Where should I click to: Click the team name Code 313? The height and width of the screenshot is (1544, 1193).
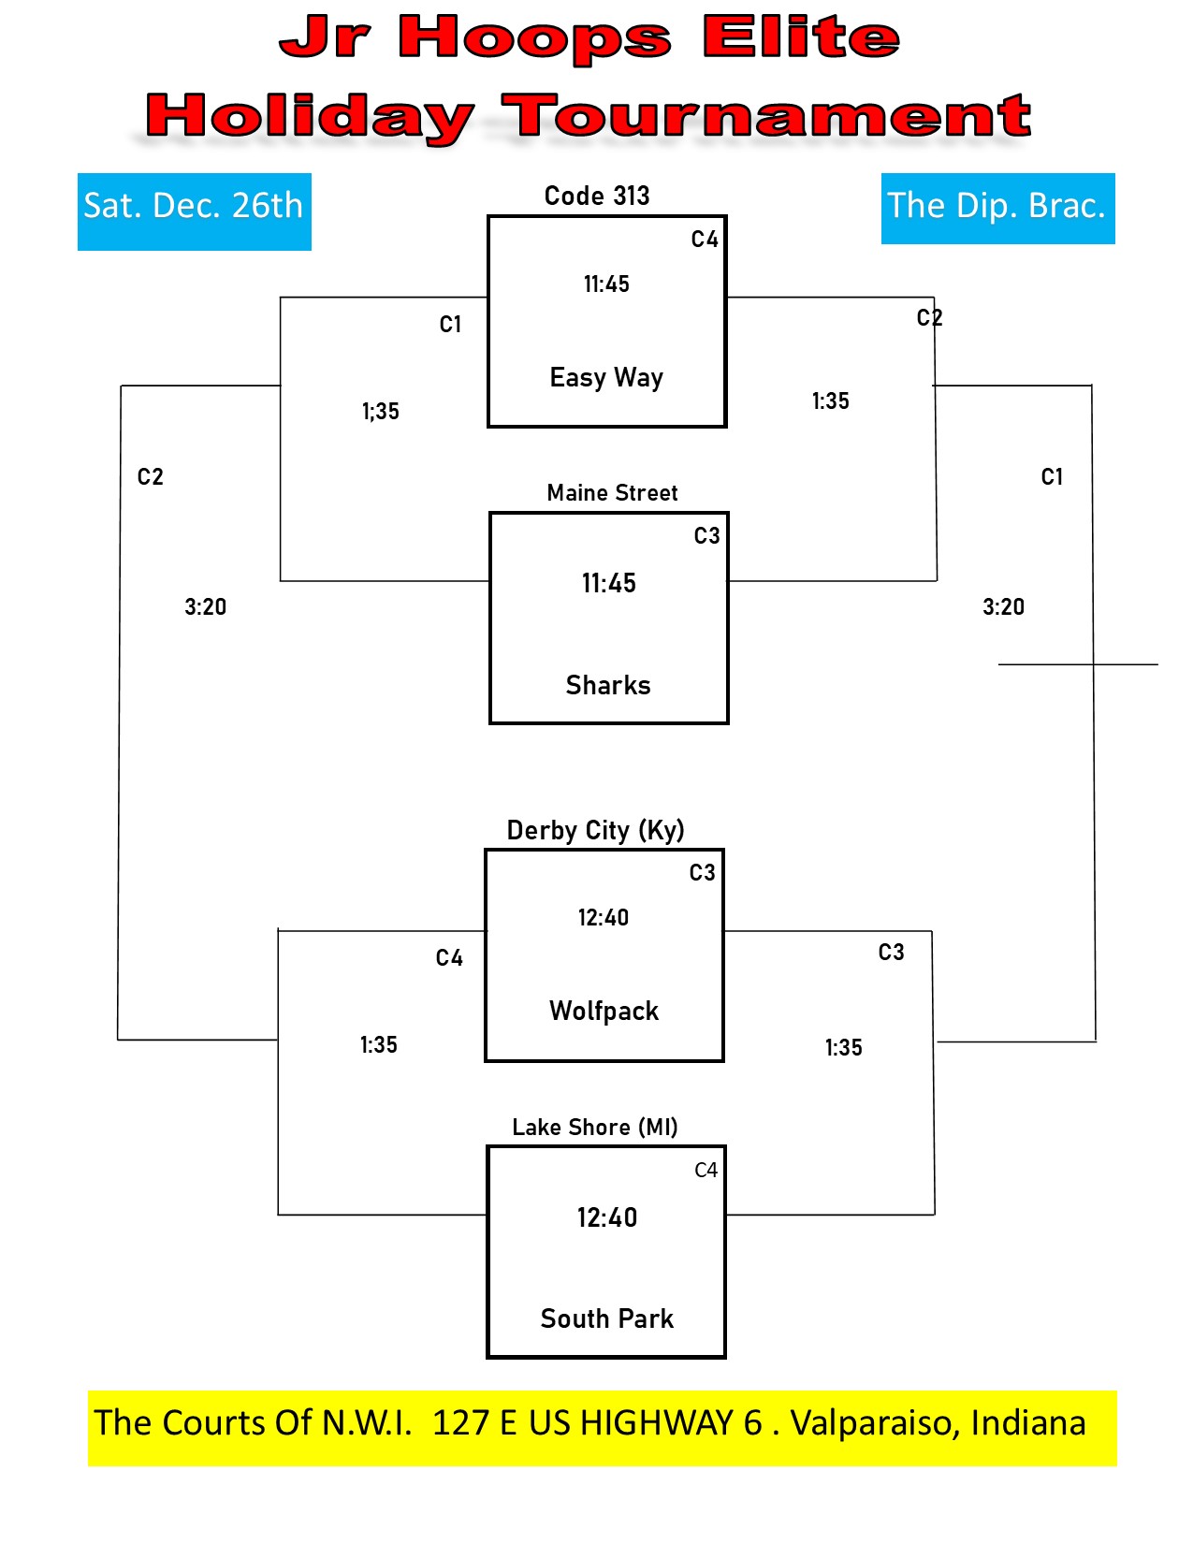[596, 196]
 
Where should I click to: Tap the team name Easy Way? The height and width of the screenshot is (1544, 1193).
[606, 377]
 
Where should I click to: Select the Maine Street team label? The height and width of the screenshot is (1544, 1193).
[612, 492]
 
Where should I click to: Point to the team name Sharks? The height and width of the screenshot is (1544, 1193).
[607, 685]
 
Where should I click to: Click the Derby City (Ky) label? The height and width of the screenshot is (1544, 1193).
[595, 830]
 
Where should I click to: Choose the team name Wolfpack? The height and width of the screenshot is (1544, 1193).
[604, 1011]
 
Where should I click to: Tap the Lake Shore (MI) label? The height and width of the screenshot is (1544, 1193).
[595, 1127]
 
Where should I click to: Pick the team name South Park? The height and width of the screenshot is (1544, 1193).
[606, 1318]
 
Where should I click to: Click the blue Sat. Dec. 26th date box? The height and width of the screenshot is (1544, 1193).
[194, 211]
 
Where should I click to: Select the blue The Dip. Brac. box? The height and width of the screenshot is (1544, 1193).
[997, 208]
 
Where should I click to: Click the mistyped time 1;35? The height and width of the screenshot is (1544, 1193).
[380, 411]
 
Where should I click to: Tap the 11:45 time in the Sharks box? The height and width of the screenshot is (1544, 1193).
[609, 583]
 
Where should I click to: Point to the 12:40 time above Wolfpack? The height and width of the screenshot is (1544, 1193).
[604, 917]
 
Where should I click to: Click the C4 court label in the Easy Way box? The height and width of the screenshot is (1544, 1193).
[705, 239]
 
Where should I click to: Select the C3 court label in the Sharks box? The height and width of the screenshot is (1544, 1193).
[706, 535]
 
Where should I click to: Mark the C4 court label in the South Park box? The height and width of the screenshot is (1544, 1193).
[706, 1170]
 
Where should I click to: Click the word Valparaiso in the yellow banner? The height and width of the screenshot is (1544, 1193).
[875, 1424]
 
